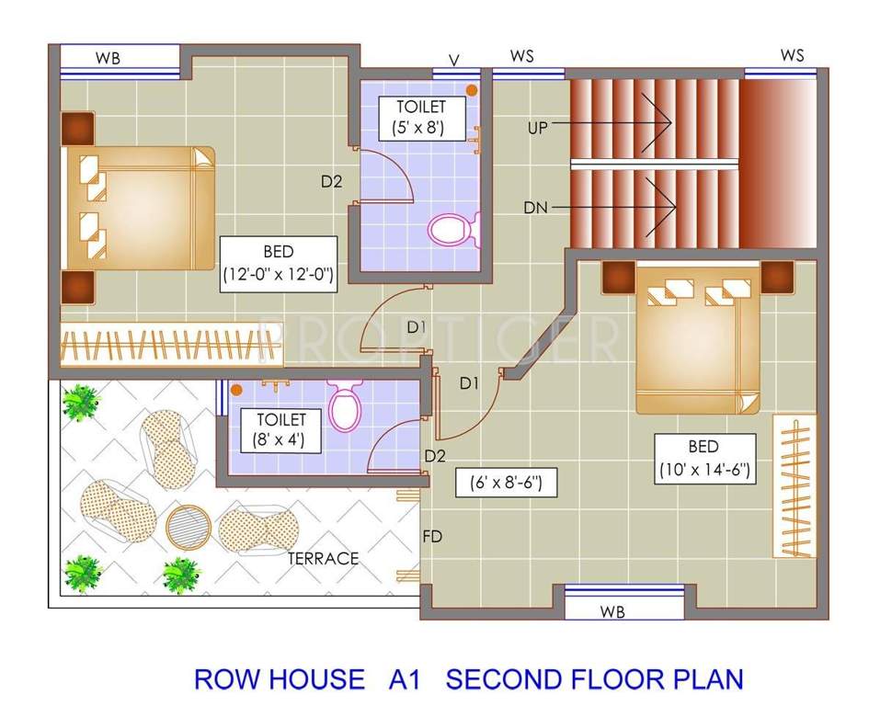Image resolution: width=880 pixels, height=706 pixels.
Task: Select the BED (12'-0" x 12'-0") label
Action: (277, 263)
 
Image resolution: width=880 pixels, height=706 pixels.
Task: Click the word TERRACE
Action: (323, 558)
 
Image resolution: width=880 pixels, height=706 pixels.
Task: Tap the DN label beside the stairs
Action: (535, 208)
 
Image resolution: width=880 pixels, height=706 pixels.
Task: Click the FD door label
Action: (431, 536)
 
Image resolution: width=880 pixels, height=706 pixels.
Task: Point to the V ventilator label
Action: (453, 60)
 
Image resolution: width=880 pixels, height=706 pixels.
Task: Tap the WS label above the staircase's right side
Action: (792, 56)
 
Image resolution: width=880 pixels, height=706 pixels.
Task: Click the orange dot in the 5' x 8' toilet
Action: (472, 90)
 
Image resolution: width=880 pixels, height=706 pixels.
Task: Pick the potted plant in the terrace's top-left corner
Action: (82, 402)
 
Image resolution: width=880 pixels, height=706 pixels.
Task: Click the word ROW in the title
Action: (229, 679)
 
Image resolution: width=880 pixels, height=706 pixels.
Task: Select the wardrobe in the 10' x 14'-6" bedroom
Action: (794, 486)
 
